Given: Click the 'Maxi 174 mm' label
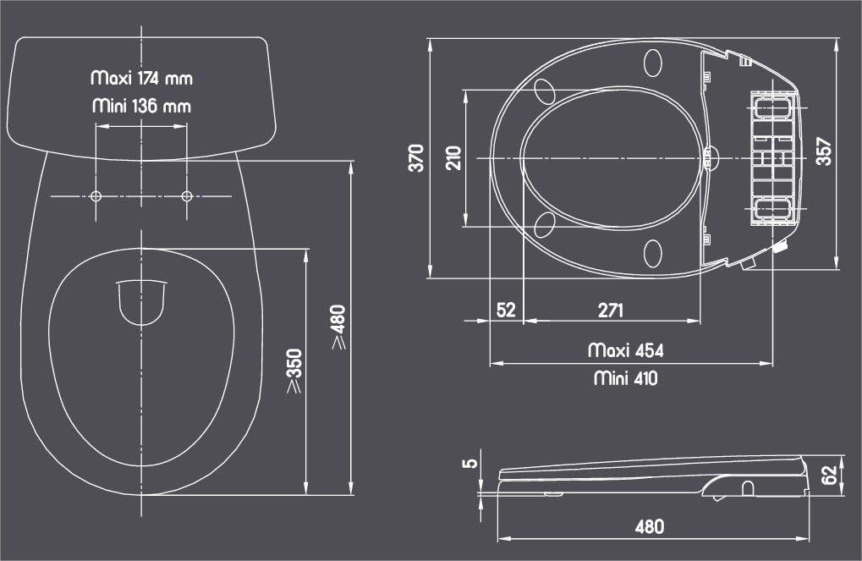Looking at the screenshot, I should (x=141, y=79).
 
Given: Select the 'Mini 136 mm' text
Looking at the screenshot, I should (x=141, y=107).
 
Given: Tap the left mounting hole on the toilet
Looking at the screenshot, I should (x=96, y=196).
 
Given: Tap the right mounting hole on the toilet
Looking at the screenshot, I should (x=188, y=196).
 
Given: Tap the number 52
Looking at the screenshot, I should (x=506, y=311).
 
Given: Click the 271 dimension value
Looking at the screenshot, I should (x=611, y=311).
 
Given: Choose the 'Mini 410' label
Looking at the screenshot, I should (x=625, y=378).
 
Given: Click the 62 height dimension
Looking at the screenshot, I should (x=830, y=473).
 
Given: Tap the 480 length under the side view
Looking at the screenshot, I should (x=649, y=526).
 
